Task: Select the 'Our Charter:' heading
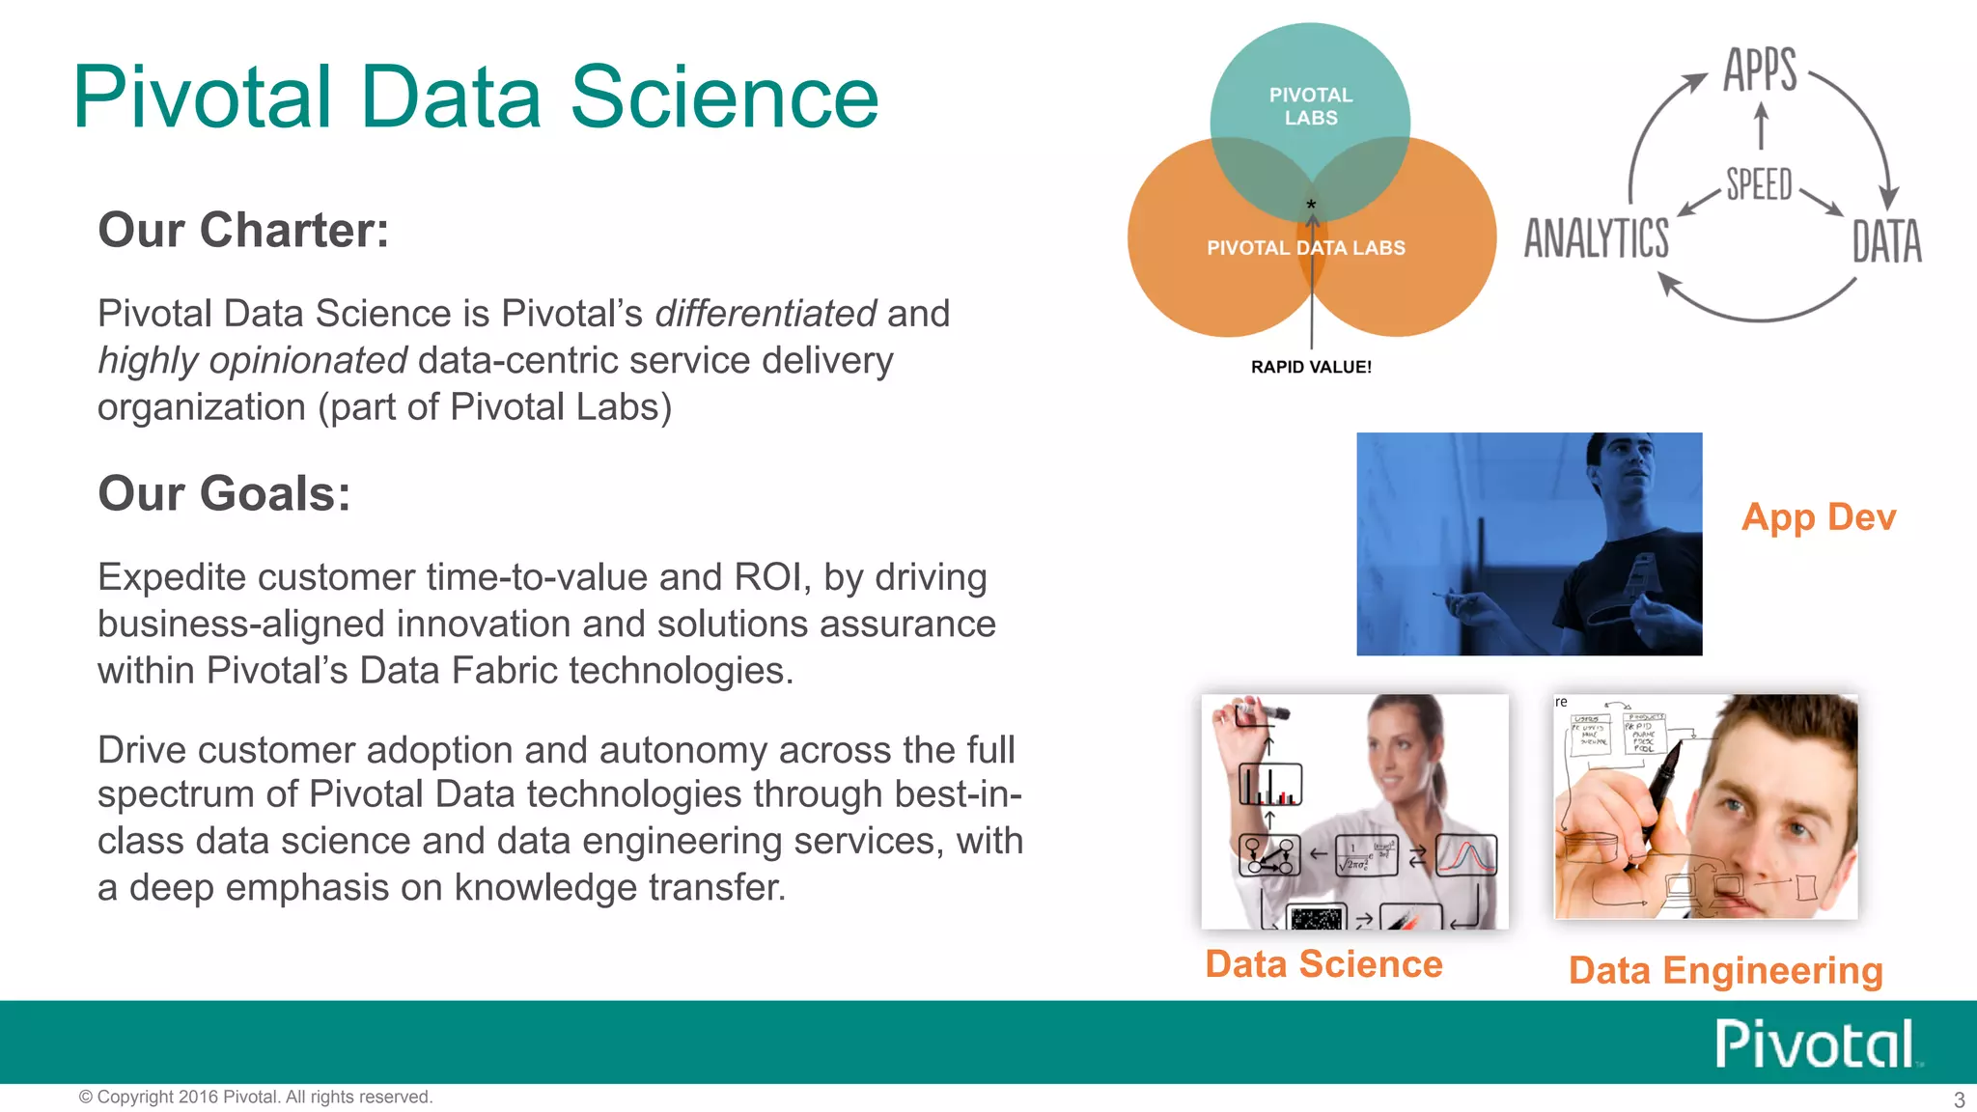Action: (243, 231)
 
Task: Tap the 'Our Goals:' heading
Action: (224, 494)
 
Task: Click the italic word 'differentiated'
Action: (765, 314)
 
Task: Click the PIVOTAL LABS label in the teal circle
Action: (1310, 106)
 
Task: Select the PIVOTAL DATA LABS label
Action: (1305, 248)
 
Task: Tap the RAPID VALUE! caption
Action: (1310, 367)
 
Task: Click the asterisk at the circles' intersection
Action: (1311, 205)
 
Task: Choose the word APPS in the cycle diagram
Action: (1760, 69)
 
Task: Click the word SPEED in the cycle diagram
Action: (1759, 184)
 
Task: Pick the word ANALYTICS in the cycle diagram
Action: (1597, 238)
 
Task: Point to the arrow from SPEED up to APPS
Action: (1761, 126)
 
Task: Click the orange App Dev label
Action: (1818, 517)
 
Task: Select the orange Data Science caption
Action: (1323, 964)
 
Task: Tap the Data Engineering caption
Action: (1725, 970)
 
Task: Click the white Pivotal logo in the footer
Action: (1815, 1043)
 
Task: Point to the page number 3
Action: (1959, 1099)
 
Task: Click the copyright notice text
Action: (256, 1097)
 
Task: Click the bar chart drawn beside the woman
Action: (1270, 785)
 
